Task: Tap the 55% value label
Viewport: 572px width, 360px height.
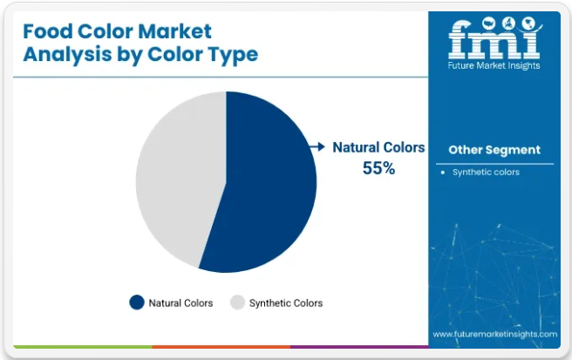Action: pos(378,168)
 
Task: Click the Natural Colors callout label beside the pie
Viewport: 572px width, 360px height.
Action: pos(378,147)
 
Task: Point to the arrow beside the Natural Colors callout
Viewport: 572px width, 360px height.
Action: pos(317,146)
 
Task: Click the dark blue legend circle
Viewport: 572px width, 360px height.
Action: pos(137,302)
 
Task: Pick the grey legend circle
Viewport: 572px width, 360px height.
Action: pos(237,302)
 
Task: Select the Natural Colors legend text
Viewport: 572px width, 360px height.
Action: pos(180,303)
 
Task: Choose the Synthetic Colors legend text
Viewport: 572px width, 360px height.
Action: pos(286,303)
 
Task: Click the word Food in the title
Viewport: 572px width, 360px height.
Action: pos(47,31)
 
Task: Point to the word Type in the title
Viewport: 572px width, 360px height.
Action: pos(233,55)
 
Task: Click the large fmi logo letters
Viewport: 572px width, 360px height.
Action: pos(494,38)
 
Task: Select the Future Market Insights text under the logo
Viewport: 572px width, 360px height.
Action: pos(494,65)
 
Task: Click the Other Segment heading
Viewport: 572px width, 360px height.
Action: pos(494,150)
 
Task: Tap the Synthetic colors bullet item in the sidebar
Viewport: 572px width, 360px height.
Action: pos(486,173)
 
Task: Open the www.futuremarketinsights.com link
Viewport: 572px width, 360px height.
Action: pos(495,334)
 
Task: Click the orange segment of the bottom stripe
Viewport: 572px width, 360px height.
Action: pos(221,347)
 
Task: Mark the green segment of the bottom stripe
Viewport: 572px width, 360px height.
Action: pos(83,347)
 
